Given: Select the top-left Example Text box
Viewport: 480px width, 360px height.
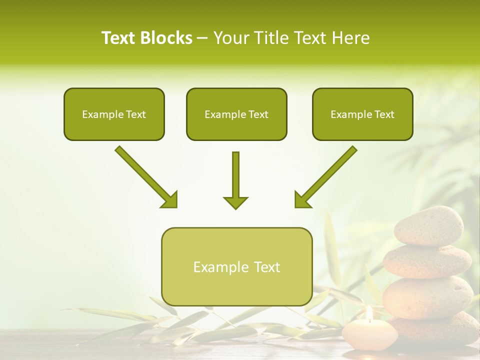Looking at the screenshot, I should [114, 114].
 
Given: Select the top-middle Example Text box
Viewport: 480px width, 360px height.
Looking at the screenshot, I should [236, 114].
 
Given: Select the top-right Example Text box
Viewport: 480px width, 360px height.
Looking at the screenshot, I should [362, 114].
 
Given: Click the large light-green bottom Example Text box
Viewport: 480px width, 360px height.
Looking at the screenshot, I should [236, 266].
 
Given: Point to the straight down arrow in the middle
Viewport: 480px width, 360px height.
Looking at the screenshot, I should [235, 180].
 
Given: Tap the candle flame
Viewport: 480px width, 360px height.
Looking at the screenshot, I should [369, 314].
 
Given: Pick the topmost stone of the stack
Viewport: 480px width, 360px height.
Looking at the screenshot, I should [429, 226].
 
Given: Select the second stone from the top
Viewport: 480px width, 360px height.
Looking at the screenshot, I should [427, 261].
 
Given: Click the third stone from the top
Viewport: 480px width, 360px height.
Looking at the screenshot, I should [427, 297].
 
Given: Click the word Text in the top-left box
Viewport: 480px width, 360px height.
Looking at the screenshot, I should [135, 114].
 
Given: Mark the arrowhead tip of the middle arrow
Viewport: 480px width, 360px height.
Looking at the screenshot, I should [235, 208].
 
